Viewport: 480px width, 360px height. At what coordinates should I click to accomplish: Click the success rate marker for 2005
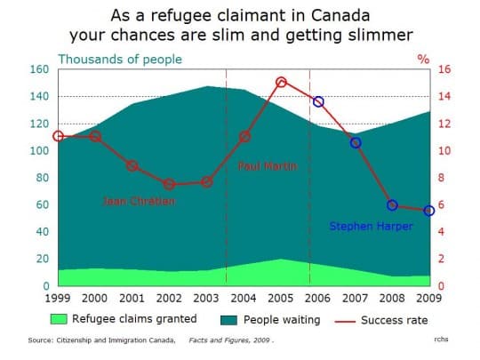[x=281, y=82]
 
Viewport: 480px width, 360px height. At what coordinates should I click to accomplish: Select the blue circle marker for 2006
[x=318, y=102]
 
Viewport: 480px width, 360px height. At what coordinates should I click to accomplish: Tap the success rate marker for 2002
[x=169, y=184]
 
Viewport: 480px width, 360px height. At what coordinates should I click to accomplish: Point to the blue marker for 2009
[x=429, y=211]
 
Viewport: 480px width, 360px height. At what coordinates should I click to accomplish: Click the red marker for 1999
[x=58, y=136]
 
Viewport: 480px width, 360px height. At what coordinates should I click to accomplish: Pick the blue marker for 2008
[x=392, y=205]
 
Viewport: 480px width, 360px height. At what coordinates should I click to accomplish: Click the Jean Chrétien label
[x=140, y=202]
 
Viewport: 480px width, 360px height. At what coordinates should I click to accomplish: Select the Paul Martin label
[x=267, y=166]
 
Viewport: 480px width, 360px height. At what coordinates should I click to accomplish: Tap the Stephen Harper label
[x=371, y=227]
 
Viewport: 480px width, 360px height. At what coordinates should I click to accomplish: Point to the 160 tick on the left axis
[x=39, y=69]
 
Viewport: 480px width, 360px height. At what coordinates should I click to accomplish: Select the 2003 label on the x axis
[x=206, y=297]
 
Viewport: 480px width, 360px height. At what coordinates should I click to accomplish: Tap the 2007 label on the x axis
[x=356, y=297]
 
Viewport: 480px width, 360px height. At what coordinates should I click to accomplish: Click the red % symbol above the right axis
[x=423, y=59]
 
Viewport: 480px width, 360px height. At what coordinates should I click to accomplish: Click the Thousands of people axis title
[x=120, y=59]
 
